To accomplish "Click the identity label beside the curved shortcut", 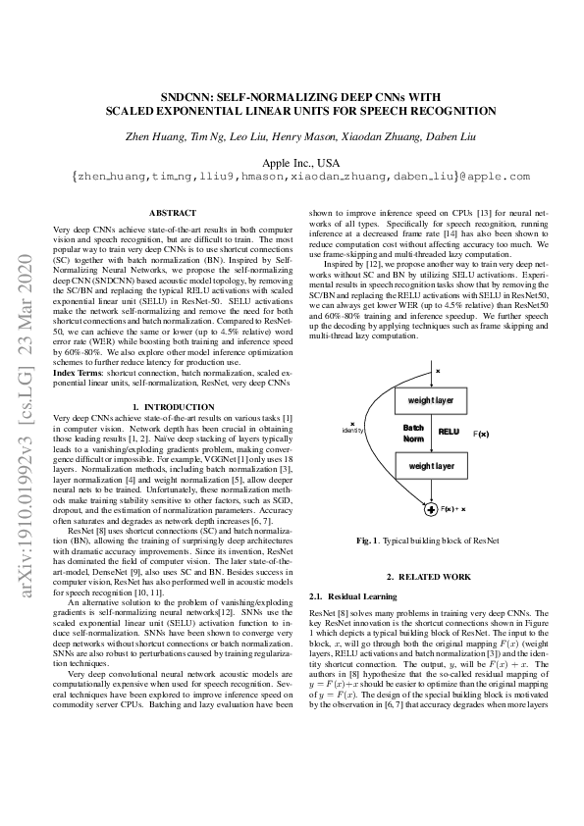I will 352,431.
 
